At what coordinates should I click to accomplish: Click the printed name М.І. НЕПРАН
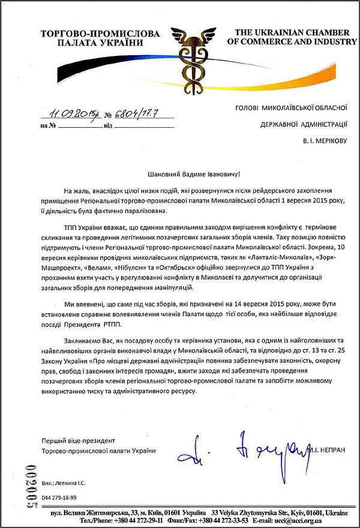(325, 451)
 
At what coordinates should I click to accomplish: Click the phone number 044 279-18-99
(59, 497)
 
